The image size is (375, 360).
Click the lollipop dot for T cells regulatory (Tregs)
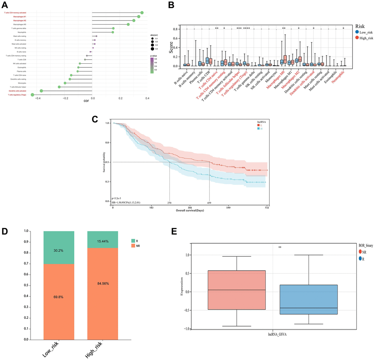(x=32, y=95)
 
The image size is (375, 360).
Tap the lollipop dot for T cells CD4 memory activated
(x=142, y=13)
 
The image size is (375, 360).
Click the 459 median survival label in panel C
(x=210, y=202)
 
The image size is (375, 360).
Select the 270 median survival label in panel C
(x=169, y=202)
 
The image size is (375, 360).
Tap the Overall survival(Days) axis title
(x=189, y=211)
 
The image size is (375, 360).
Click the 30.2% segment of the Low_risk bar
(x=59, y=244)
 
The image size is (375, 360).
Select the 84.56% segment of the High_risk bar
(x=103, y=284)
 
